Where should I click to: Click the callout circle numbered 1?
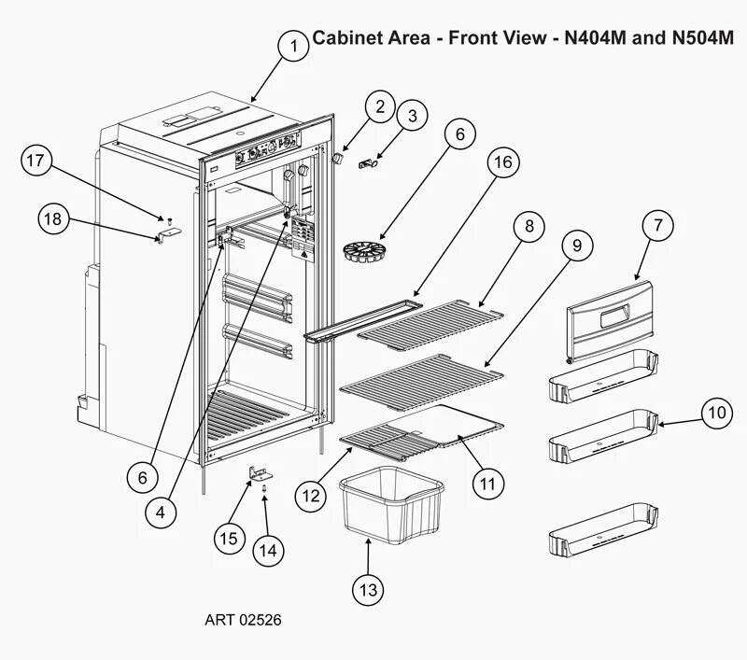(293, 46)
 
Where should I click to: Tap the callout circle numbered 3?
(411, 117)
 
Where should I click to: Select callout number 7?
(657, 225)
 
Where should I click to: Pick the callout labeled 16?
(502, 162)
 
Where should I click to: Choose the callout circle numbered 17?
(35, 161)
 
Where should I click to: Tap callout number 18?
(53, 219)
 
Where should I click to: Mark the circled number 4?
(161, 512)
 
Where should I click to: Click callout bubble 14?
(268, 551)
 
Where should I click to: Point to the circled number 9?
(576, 246)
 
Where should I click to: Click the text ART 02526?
(243, 619)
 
